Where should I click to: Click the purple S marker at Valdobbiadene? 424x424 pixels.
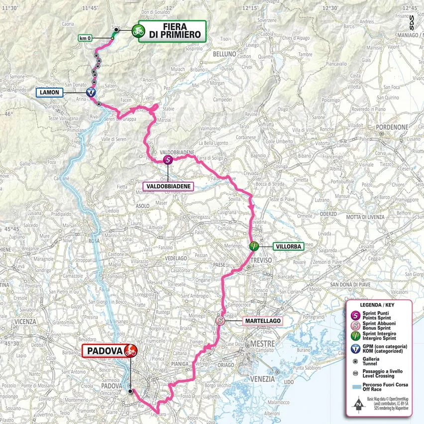[x=168, y=160]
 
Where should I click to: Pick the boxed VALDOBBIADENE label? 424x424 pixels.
[x=168, y=186]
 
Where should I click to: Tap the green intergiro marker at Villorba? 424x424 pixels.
[x=253, y=245]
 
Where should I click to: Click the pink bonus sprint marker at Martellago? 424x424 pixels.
[x=220, y=321]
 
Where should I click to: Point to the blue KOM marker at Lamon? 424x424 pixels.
[x=90, y=92]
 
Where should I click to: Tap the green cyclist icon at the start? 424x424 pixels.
[x=137, y=31]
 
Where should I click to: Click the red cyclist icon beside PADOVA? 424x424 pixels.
[x=131, y=350]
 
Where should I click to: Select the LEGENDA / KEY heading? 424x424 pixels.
[x=379, y=304]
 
